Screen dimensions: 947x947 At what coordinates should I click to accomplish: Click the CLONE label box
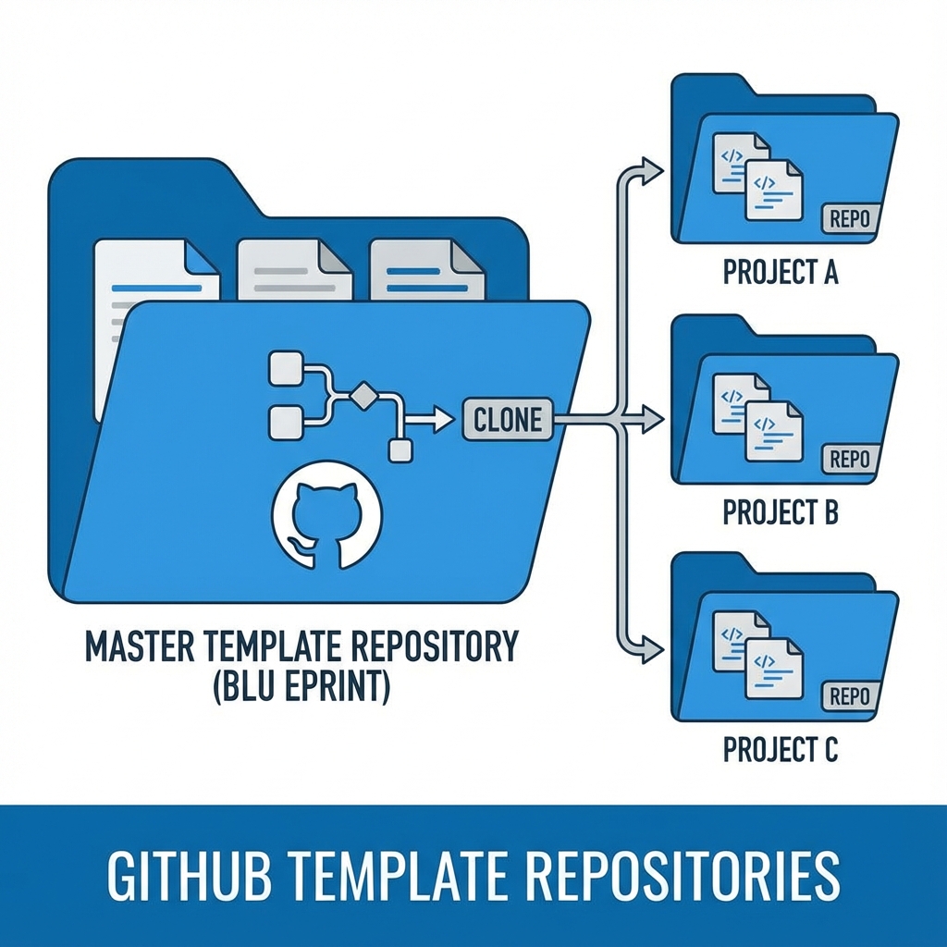[507, 420]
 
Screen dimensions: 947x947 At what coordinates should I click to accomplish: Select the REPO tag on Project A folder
[849, 220]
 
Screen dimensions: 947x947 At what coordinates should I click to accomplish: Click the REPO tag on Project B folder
[849, 459]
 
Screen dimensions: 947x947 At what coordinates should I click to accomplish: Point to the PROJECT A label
[780, 274]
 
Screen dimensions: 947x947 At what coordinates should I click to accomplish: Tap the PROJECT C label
[780, 750]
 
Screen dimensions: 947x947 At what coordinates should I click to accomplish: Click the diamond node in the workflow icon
[363, 396]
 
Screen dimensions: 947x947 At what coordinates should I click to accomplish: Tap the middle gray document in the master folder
[294, 270]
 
